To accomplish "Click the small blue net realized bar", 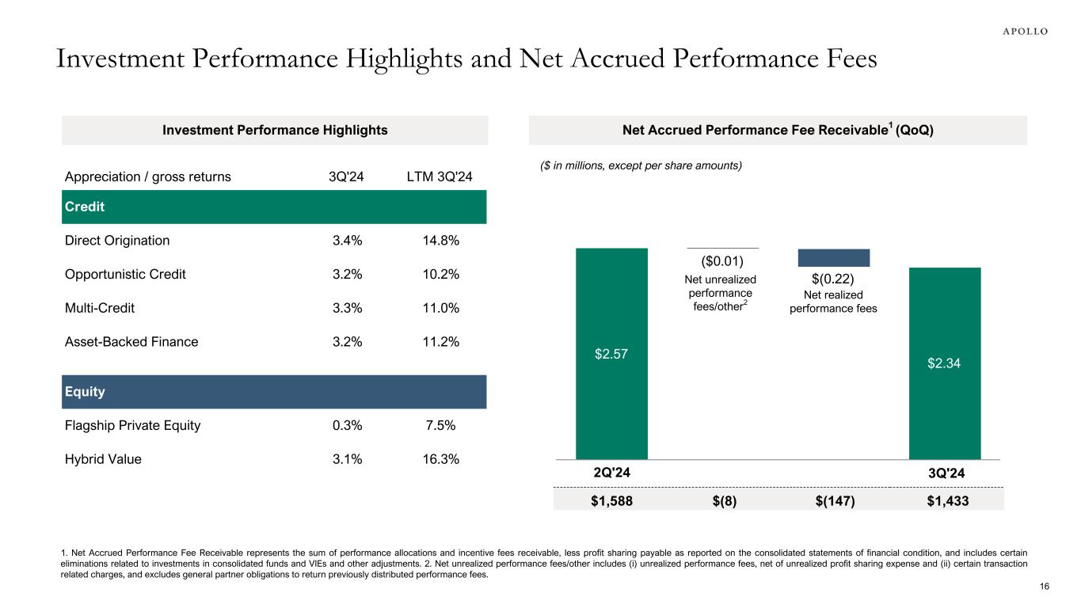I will (x=833, y=257).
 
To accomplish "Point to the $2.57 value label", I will (x=611, y=354).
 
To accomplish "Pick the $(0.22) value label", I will (x=833, y=279).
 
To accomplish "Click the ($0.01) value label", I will (x=722, y=260).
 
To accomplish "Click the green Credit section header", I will (x=273, y=207).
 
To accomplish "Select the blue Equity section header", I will (x=273, y=392).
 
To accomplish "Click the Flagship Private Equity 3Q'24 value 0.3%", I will (x=345, y=425).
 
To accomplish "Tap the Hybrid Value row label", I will (x=103, y=459).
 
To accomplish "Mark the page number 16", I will (x=1044, y=586).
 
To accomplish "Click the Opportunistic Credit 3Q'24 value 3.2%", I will (x=345, y=275).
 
